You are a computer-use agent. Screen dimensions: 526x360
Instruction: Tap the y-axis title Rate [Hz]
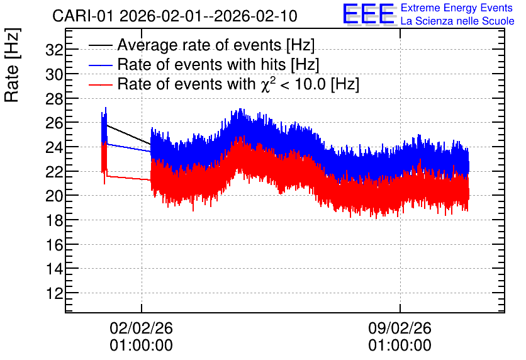point(12,65)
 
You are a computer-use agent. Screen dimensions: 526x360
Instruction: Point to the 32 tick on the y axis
point(54,50)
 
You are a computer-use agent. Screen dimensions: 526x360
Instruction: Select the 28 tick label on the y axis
point(54,99)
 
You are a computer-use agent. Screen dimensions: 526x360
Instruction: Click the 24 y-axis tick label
point(54,147)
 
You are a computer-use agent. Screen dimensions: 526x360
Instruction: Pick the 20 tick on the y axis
point(54,196)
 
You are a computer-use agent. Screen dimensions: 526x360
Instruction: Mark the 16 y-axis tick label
point(54,245)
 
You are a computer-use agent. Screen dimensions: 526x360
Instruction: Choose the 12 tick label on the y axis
point(54,293)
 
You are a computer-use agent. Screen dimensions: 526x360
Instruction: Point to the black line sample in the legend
point(100,45)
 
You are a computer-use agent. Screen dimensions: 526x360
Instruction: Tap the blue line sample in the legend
point(100,65)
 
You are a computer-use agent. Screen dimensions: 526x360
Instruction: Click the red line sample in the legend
point(100,84)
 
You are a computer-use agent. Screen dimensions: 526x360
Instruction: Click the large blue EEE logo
point(368,14)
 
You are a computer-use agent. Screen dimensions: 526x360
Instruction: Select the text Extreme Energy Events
point(457,8)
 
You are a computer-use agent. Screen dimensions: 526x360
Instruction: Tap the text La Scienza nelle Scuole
point(457,21)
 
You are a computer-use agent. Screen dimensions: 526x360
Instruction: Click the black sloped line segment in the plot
point(128,135)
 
